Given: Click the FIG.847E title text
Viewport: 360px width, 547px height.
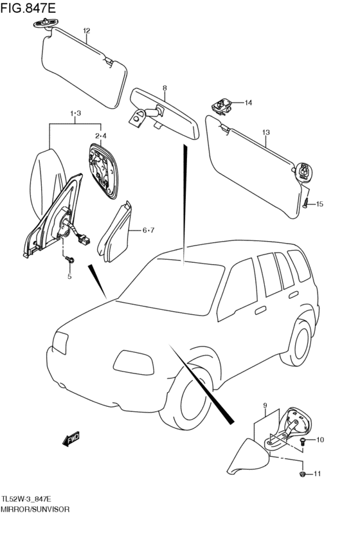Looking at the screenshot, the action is tap(28, 8).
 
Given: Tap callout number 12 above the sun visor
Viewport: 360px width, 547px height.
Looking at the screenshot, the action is tap(87, 31).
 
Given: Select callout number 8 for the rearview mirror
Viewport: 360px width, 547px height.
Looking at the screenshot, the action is tap(165, 88).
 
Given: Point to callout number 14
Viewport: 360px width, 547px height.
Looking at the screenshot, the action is tap(248, 103).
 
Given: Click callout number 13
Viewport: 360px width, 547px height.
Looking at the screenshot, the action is tap(265, 132).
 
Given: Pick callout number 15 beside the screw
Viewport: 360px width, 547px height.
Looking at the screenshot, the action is tap(319, 204).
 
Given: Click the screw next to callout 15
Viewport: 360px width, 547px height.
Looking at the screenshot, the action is tap(306, 202).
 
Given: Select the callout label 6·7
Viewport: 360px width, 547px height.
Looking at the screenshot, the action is tap(148, 230).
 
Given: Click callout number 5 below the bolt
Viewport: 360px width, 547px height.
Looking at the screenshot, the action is tap(69, 276).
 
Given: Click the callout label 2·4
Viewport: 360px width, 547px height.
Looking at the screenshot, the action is tap(101, 136).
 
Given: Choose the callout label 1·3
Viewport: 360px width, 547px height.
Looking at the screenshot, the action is tap(75, 113).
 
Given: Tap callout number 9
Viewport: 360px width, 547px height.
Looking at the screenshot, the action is tap(265, 405).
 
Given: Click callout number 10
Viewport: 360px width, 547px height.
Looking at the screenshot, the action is tap(319, 440).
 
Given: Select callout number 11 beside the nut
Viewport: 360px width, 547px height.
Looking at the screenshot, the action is tap(317, 473).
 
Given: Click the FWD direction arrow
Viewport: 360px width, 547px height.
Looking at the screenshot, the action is tap(71, 438).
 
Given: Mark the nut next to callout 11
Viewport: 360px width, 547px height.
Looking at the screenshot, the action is tap(303, 474).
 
